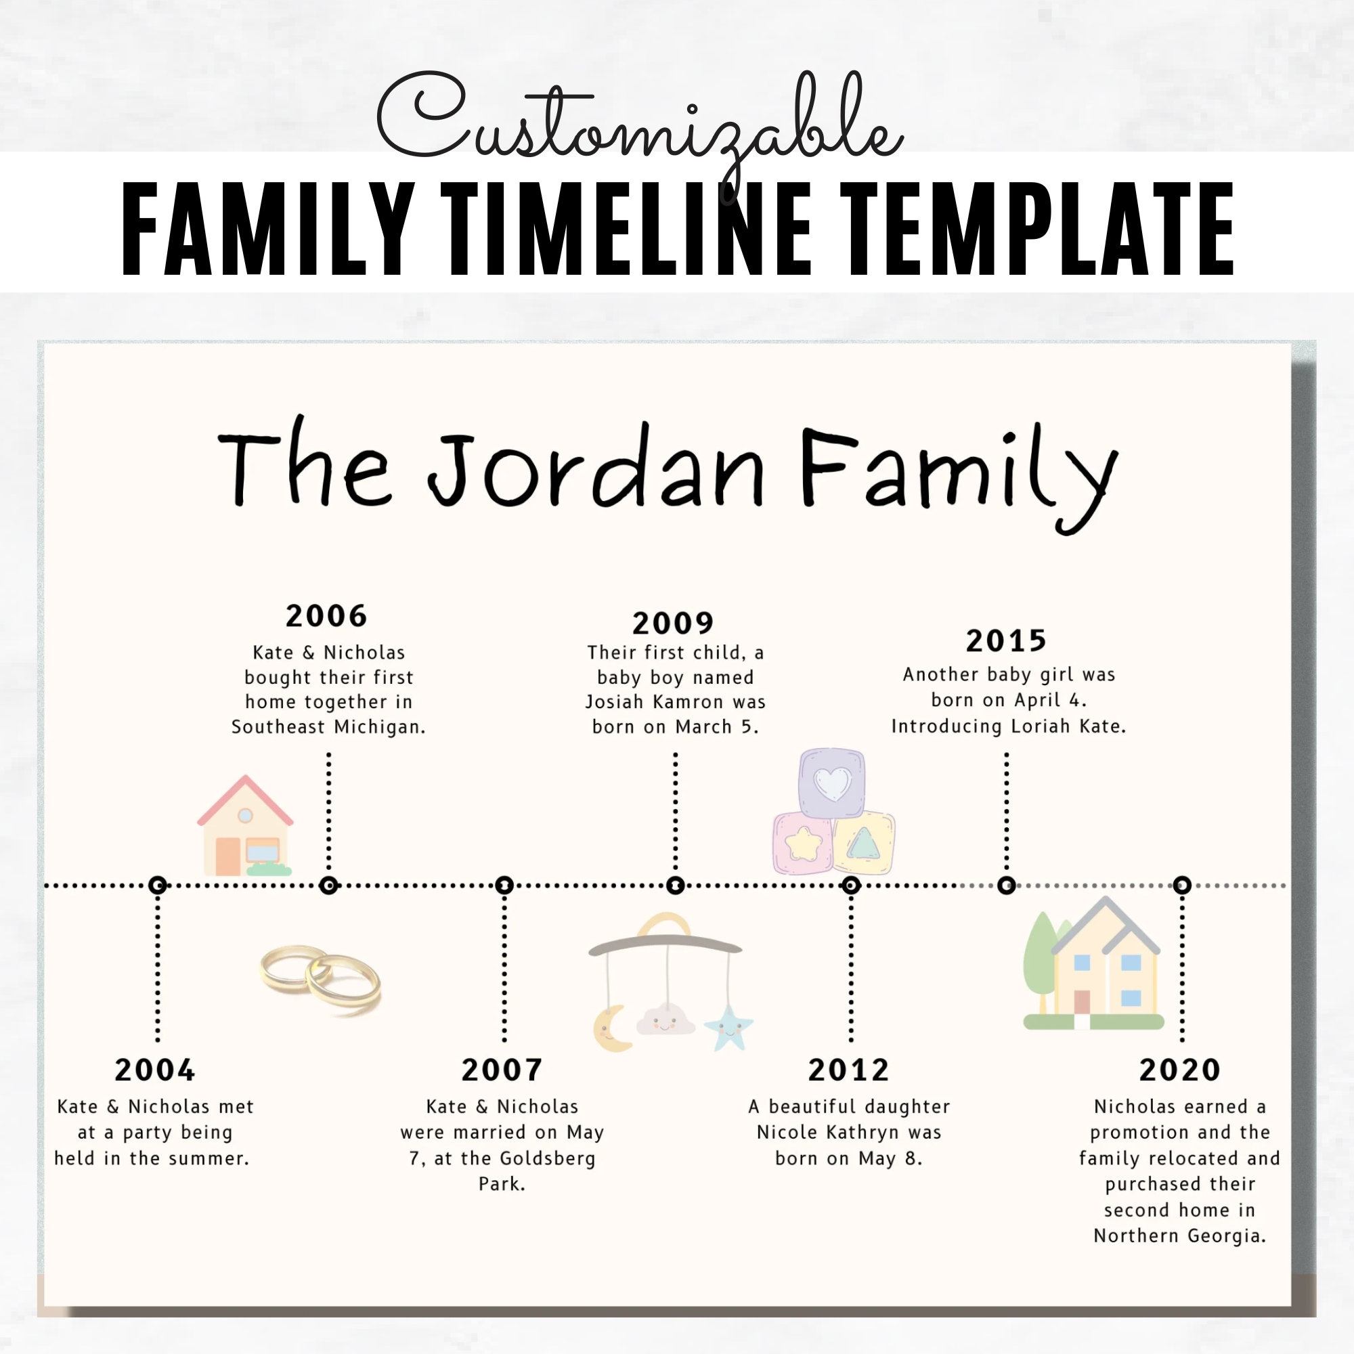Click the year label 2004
pos(155,1070)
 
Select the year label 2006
pos(326,616)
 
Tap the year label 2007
pos(502,1070)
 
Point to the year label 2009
pos(673,623)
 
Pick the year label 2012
pos(848,1070)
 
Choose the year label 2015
pos(1006,640)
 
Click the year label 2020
pos(1179,1070)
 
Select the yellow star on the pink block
pos(803,843)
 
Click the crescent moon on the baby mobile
pos(611,1029)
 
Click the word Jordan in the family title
pos(596,468)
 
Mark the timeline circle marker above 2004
pos(158,885)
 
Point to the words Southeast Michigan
pos(328,726)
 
